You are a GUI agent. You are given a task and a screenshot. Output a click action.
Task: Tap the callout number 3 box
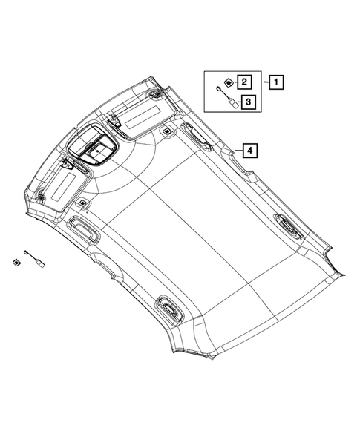tap(248, 102)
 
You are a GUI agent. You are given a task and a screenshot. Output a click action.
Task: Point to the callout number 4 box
tap(251, 151)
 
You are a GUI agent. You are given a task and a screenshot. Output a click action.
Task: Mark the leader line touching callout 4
tap(237, 151)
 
